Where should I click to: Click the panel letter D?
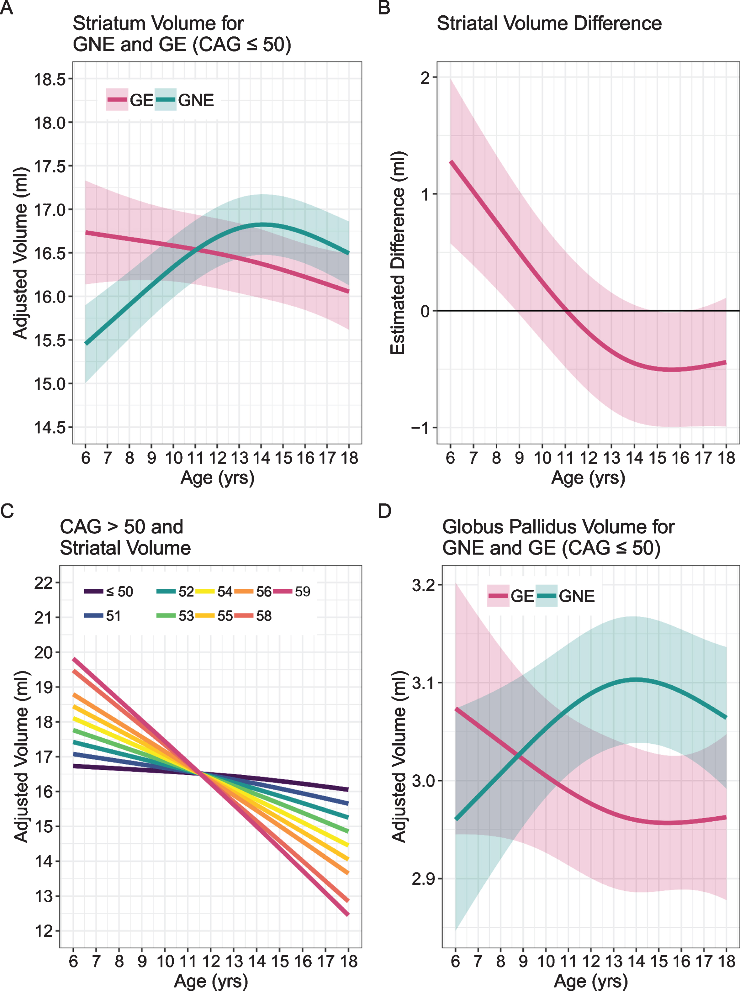385,511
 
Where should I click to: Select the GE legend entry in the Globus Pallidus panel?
511,596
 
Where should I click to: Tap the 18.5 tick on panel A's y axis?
50,79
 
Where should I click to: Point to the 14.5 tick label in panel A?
50,428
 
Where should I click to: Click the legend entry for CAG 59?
292,592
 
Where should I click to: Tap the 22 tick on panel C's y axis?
44,583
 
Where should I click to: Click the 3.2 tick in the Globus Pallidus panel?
423,585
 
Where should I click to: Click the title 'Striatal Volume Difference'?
549,23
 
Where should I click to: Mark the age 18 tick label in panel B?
727,458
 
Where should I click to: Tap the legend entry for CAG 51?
103,616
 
